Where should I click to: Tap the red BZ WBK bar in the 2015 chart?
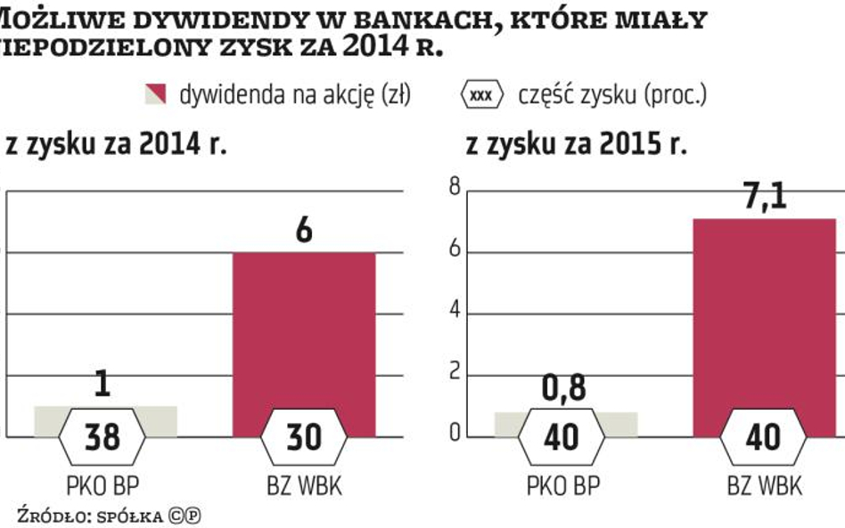point(763,321)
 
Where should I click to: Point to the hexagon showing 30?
point(304,437)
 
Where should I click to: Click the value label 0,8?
point(565,390)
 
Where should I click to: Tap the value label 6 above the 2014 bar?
point(304,231)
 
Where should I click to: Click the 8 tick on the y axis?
point(454,187)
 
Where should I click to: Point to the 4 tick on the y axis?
point(454,313)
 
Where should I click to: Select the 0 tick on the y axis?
point(454,435)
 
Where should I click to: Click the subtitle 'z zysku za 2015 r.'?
point(576,146)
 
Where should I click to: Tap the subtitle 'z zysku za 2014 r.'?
point(116,146)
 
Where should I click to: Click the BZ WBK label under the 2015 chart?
point(764,486)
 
